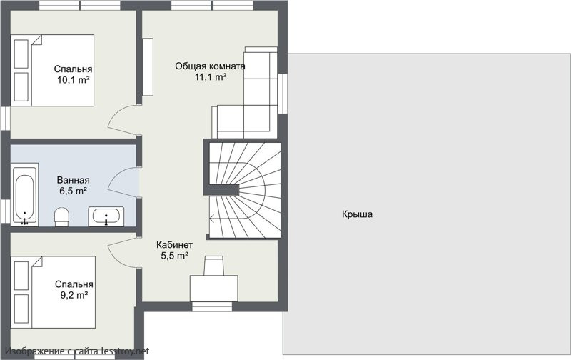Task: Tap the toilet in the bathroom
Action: (x=61, y=217)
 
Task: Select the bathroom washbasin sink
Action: (x=106, y=216)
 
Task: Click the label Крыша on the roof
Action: (x=357, y=214)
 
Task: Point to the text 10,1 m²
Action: (x=74, y=80)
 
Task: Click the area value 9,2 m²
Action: (x=74, y=295)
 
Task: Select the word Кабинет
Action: (x=174, y=245)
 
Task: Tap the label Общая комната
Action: (x=210, y=66)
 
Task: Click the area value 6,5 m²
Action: (x=74, y=191)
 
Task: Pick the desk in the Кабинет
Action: (x=213, y=289)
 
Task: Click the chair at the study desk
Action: (x=213, y=265)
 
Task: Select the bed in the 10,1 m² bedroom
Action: (x=52, y=70)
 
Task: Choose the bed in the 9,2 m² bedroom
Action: (x=53, y=292)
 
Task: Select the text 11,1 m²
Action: (x=211, y=77)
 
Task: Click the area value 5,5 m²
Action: (x=174, y=256)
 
